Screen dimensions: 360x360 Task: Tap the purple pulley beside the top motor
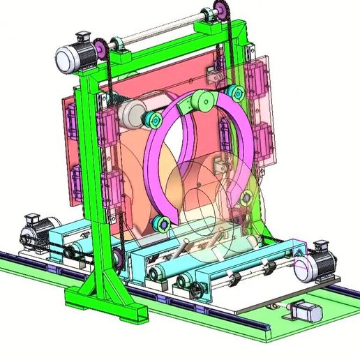103,48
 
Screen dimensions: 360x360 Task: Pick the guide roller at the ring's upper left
153,121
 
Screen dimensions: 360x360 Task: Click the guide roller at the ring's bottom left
160,224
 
